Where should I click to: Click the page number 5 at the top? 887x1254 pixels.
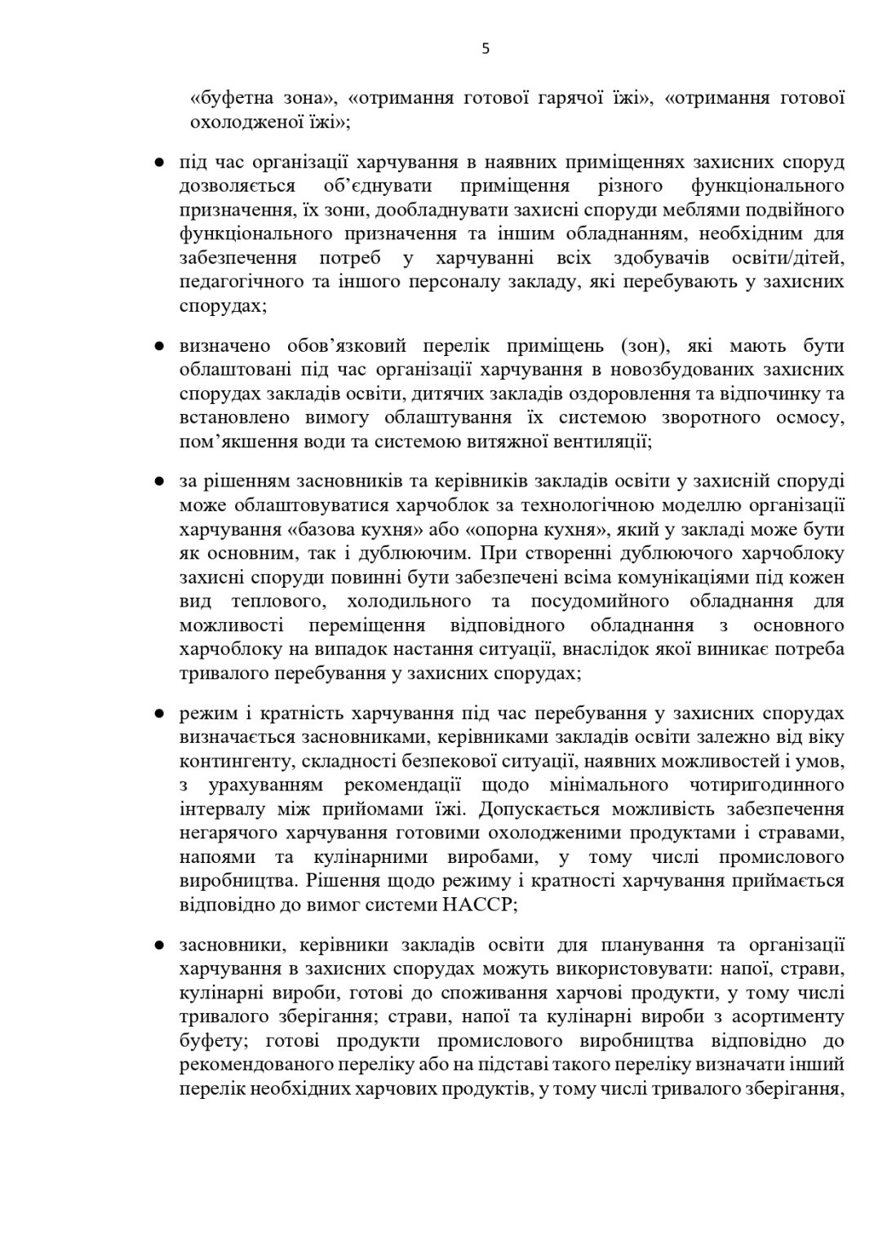click(x=486, y=48)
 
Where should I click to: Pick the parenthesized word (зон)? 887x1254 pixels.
click(x=645, y=345)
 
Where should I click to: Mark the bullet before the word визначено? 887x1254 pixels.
click(x=161, y=346)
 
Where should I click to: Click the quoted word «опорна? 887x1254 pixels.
click(x=458, y=529)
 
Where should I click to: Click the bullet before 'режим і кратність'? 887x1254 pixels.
click(x=161, y=714)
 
